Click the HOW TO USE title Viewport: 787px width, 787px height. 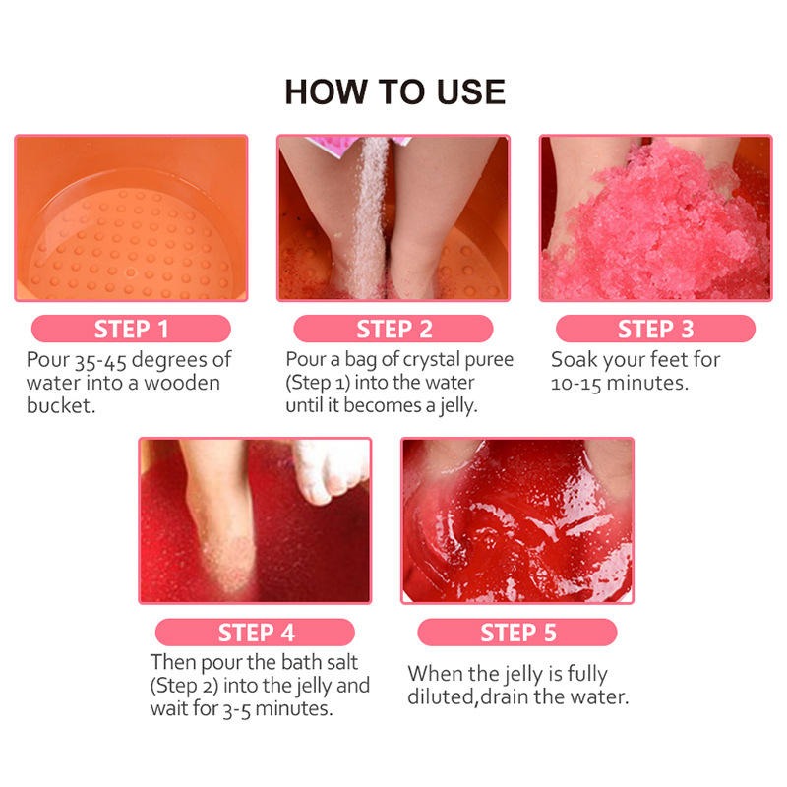coord(394,91)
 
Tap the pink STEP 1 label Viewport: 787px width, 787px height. coord(131,329)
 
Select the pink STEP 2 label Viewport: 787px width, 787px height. coord(393,329)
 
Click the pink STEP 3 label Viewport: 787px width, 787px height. coord(655,329)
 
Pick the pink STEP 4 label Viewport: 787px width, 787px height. coord(255,632)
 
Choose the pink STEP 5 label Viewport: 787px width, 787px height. coord(517,632)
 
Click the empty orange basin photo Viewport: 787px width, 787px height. coord(131,217)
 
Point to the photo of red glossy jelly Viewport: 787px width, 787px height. coord(517,520)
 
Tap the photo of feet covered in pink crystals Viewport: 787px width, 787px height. coord(655,217)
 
